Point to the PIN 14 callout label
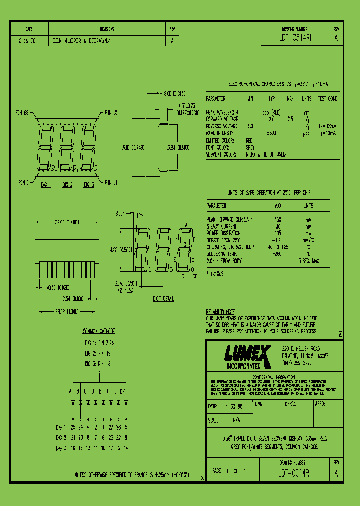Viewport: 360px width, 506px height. click(111, 182)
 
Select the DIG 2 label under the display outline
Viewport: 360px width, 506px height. click(67, 185)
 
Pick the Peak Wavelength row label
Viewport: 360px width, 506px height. click(222, 112)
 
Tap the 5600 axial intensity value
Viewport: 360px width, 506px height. click(272, 133)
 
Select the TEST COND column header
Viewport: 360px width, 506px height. click(328, 99)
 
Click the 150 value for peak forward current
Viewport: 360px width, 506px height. click(278, 219)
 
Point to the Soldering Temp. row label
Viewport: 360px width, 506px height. click(224, 254)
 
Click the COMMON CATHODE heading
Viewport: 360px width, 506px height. click(98, 331)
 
